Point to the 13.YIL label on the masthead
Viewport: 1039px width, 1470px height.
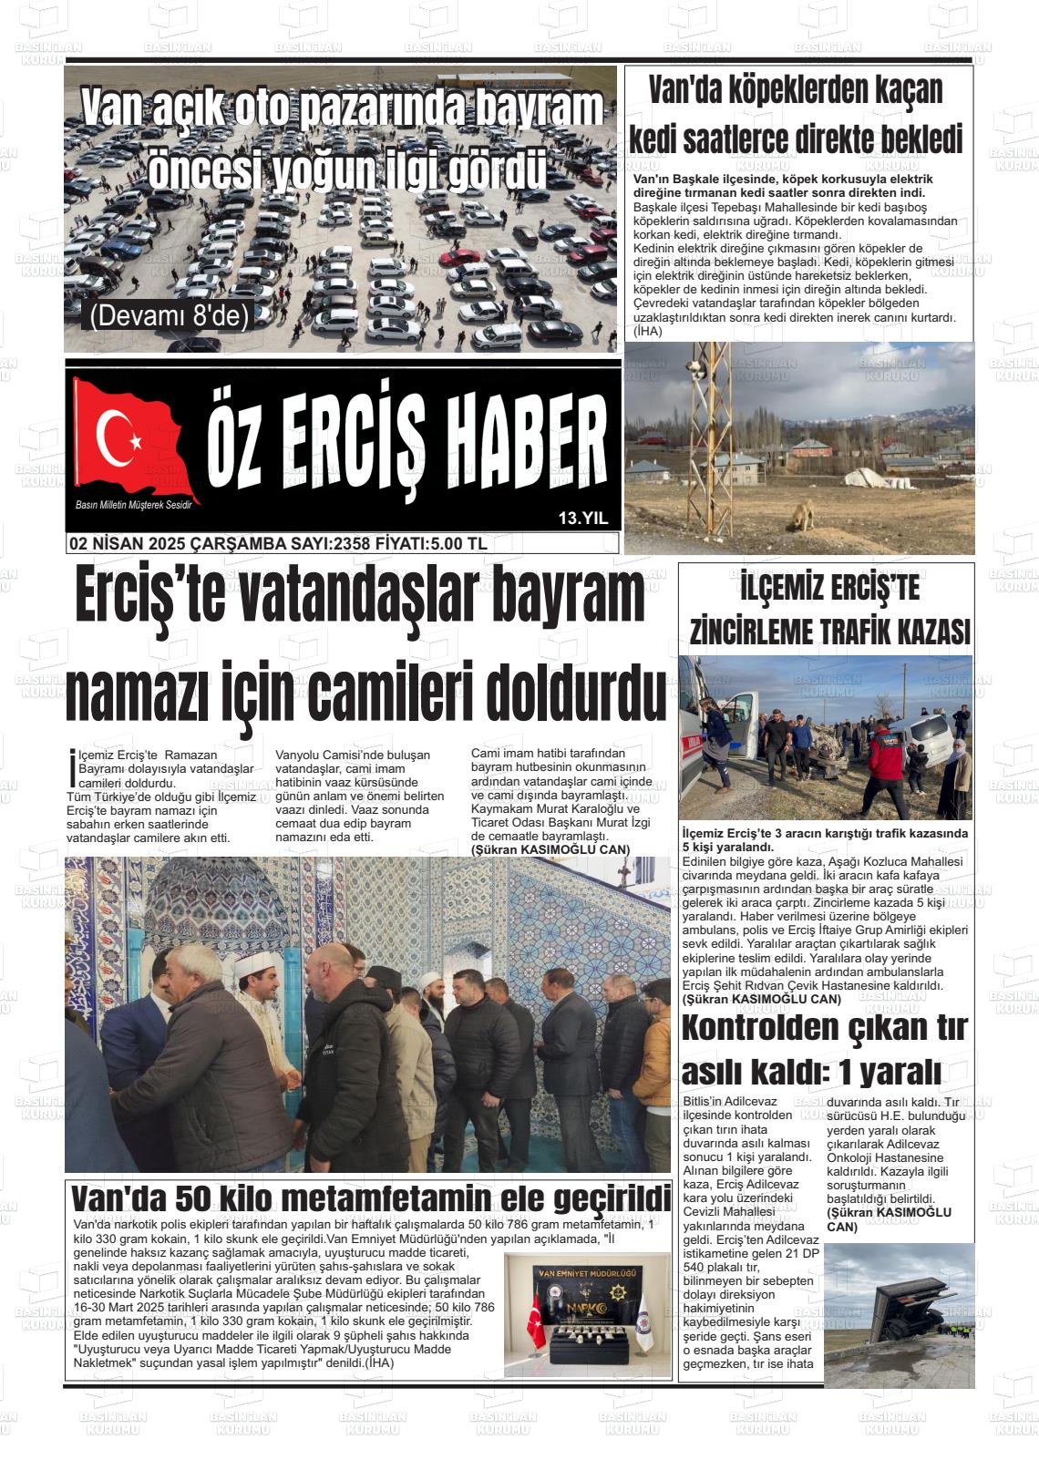(582, 519)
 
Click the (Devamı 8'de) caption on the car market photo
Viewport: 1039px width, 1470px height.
(169, 315)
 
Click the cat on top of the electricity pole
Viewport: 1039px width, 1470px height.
(697, 367)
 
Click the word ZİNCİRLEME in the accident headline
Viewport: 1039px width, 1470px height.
(756, 631)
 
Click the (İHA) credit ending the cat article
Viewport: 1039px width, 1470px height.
(648, 332)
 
